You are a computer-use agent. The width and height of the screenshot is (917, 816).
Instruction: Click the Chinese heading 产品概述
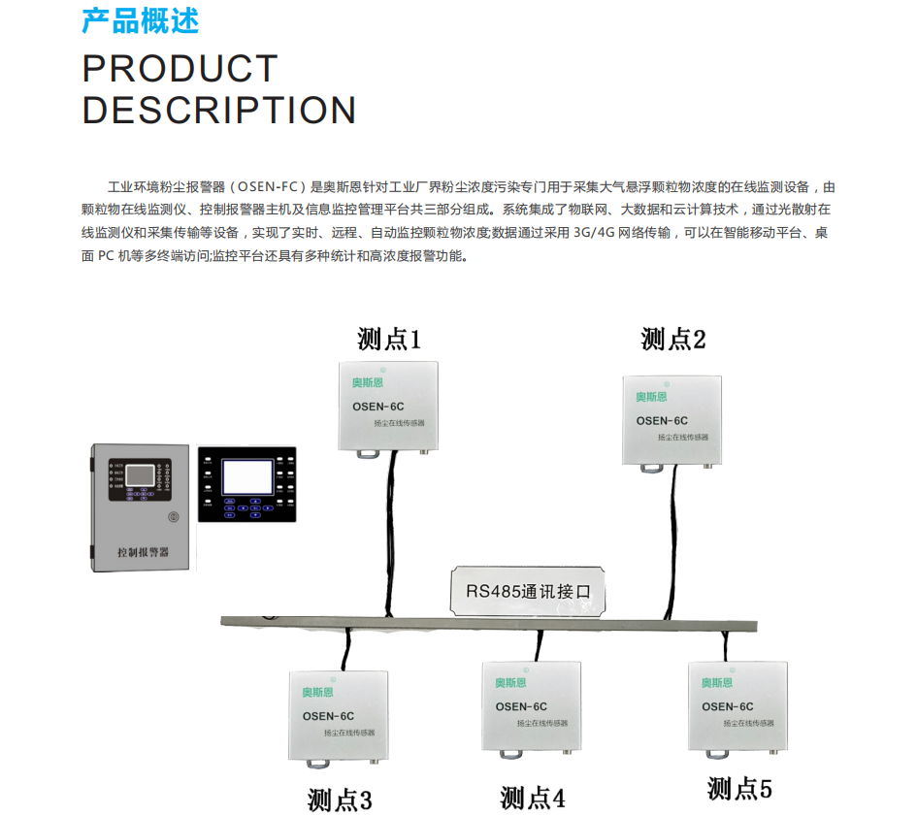pos(140,21)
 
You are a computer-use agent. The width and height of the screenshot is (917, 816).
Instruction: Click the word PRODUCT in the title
pos(180,69)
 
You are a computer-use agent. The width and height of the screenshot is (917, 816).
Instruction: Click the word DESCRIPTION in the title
pos(219,111)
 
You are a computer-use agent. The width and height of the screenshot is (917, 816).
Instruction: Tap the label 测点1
pos(389,339)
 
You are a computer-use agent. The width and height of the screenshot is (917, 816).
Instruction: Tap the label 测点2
pos(672,339)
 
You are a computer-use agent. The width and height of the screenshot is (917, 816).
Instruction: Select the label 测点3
pos(340,800)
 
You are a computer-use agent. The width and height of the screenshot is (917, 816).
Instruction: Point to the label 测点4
pos(533,798)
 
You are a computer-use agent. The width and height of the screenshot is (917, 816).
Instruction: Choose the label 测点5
pos(739,788)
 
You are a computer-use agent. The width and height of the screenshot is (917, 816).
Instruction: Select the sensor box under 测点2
pos(671,418)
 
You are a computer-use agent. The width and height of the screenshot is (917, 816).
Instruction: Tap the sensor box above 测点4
pos(532,706)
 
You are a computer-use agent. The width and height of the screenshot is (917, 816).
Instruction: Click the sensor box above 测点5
pos(737,705)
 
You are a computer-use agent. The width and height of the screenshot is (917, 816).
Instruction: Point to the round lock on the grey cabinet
pos(174,517)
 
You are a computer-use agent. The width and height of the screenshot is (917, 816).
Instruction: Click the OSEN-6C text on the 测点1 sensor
pos(377,407)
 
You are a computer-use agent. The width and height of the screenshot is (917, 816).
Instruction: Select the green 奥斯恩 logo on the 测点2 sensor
pos(652,396)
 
